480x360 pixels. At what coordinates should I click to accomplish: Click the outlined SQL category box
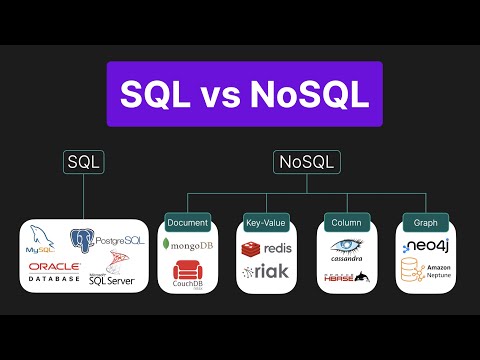[84, 161]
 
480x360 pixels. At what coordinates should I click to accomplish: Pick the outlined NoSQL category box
[307, 161]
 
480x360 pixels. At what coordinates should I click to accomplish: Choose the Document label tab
[188, 221]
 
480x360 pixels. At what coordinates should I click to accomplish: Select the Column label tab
[345, 221]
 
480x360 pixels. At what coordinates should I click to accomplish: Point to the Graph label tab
[419, 221]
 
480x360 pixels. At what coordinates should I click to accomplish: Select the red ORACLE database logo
[54, 271]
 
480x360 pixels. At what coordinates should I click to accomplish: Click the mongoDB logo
[188, 244]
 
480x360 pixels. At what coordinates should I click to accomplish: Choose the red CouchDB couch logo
[188, 272]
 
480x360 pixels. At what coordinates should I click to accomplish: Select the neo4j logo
[424, 245]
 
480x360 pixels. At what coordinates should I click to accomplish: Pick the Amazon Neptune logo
[424, 271]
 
